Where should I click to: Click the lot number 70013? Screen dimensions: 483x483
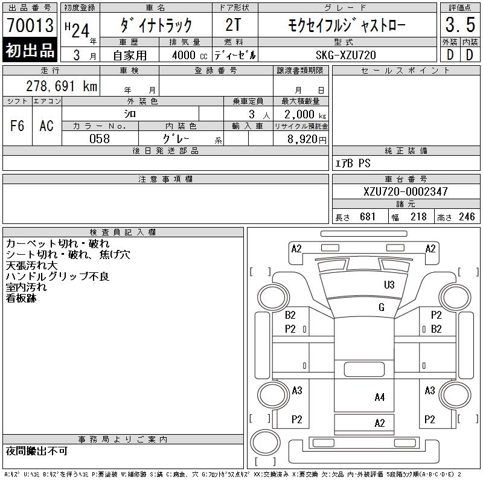[x=30, y=25]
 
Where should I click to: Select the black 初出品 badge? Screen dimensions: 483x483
[x=30, y=51]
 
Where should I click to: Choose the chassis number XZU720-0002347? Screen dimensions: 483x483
[x=405, y=191]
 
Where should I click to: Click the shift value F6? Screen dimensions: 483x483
[x=17, y=126]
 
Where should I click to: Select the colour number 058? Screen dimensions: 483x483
[x=99, y=138]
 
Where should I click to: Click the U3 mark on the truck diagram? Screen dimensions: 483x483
[x=389, y=284]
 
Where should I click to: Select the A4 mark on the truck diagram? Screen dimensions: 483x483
[x=380, y=397]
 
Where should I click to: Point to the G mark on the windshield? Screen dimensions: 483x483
[x=381, y=307]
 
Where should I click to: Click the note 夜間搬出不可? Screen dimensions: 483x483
[x=37, y=451]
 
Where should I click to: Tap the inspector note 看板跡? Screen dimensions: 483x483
[x=21, y=298]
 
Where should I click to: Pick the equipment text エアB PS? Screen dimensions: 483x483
[x=353, y=163]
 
